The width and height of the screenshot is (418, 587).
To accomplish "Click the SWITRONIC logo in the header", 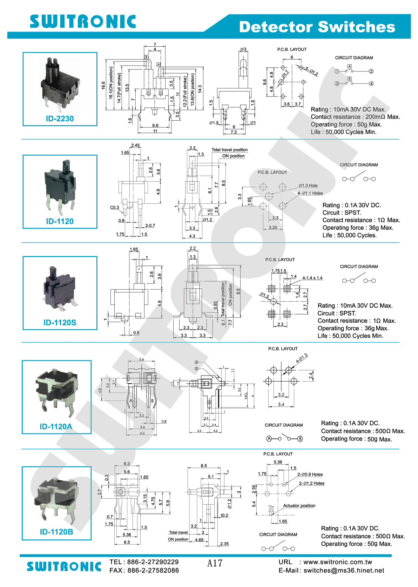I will coord(83,22).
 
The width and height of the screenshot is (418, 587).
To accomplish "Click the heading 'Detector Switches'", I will coord(317,27).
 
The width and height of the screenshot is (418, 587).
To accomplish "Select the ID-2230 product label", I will coord(60,119).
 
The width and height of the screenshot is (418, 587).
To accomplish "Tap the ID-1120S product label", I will coord(60,323).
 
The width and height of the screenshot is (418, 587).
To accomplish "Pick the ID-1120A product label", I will coord(56,426).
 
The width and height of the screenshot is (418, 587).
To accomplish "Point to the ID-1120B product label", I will coord(56,532).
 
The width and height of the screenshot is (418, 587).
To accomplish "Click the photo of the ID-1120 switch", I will coord(60,187).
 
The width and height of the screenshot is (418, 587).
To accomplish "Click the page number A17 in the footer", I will coord(215,563).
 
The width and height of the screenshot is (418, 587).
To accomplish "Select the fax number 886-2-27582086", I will coord(153,571).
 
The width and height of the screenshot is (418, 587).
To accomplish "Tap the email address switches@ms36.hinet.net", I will coord(344,571).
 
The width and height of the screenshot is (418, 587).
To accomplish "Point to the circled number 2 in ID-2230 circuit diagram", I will coord(371,72).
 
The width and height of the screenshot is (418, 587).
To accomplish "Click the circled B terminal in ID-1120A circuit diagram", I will coord(300,439).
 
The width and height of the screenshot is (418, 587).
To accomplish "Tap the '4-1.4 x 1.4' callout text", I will coord(312,278).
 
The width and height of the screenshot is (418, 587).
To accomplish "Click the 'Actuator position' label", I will coord(299,506).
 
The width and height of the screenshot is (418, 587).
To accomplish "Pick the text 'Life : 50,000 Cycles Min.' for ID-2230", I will coord(343,132).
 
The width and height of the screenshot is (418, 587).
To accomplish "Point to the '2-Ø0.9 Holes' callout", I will coord(310,474).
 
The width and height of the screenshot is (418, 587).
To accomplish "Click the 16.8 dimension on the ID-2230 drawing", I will coord(103,85).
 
